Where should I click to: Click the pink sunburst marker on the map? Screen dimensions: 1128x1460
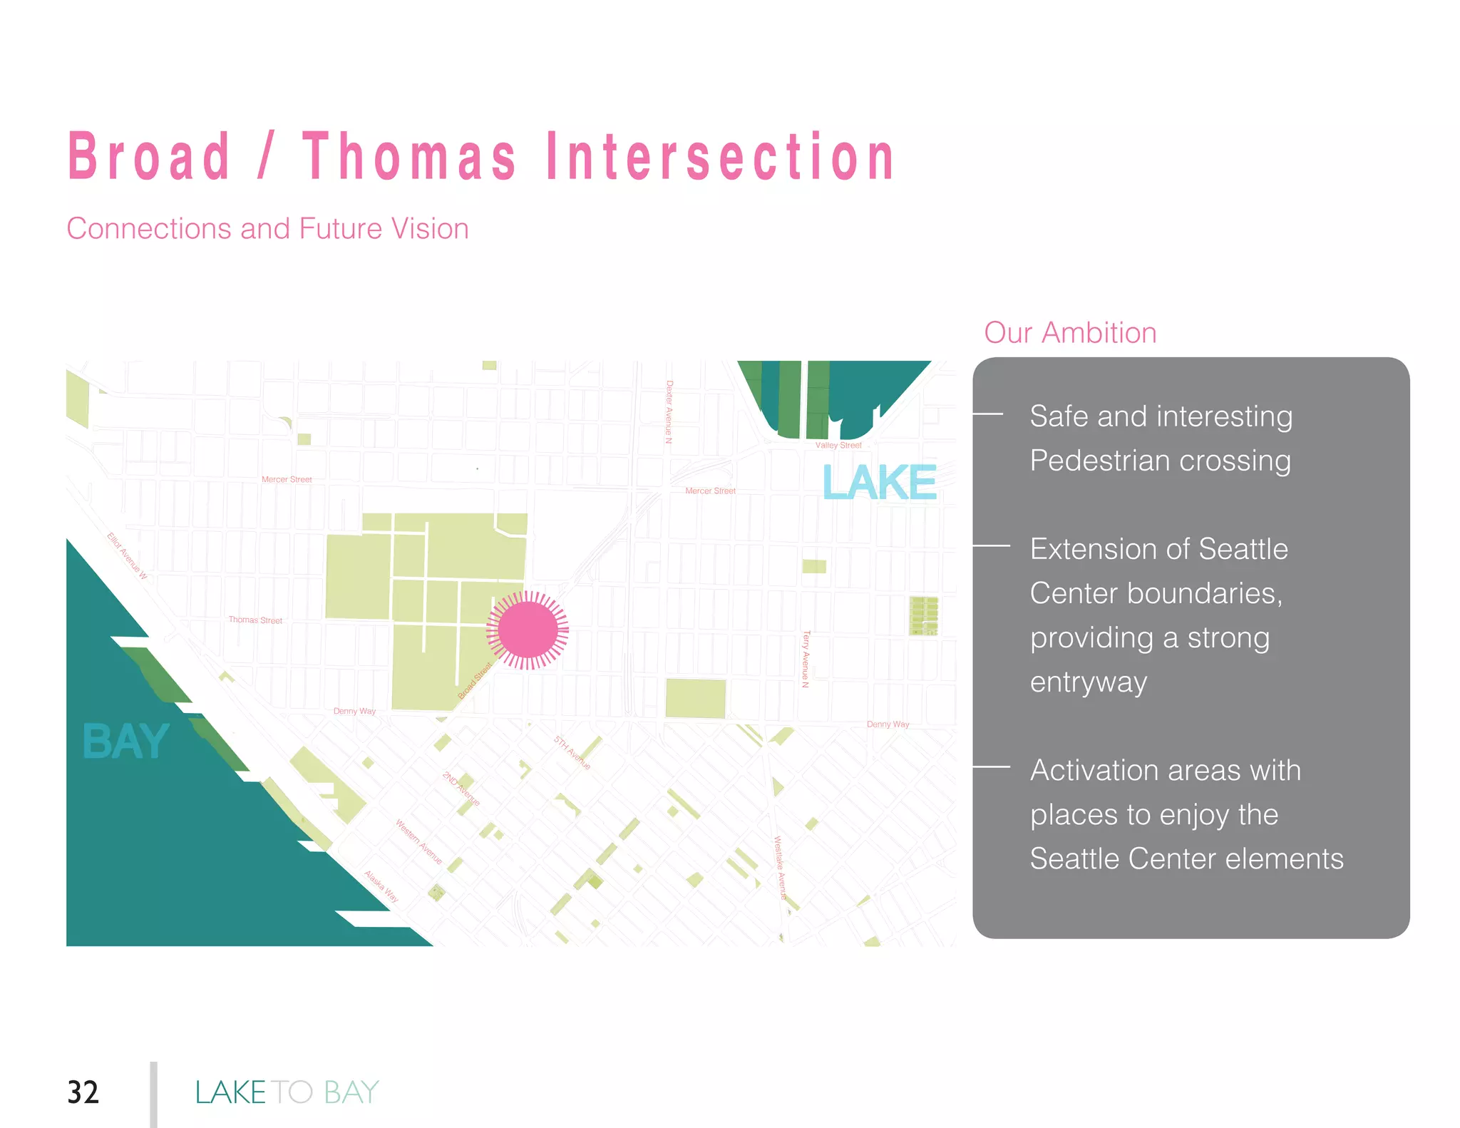point(528,630)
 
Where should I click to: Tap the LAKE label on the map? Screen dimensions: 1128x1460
point(879,483)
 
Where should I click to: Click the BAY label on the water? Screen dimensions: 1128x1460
point(125,742)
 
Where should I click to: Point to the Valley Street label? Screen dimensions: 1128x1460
point(838,445)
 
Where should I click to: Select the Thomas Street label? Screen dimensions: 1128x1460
point(255,620)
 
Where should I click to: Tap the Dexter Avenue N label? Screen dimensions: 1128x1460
point(669,411)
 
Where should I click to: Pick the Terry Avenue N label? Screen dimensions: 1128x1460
point(806,659)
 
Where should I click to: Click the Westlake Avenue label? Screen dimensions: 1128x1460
point(781,867)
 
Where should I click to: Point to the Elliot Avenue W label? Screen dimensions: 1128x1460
point(127,555)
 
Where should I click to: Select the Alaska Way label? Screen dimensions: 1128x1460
point(381,886)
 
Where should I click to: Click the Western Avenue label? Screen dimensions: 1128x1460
point(419,842)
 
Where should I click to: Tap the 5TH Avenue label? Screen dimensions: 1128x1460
point(572,753)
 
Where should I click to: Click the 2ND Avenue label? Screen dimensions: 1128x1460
point(461,789)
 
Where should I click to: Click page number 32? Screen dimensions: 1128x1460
point(83,1092)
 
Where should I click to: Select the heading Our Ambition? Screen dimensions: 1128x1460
point(1070,333)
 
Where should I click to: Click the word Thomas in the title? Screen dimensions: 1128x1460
point(409,156)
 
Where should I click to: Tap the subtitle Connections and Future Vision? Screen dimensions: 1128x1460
point(267,229)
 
